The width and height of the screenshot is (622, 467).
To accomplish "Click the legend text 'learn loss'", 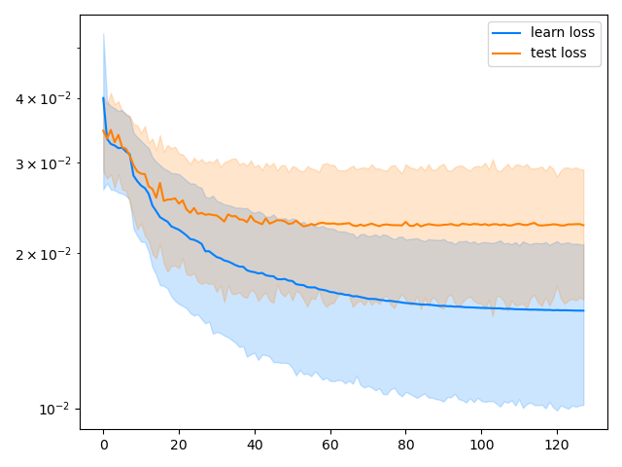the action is point(563,32).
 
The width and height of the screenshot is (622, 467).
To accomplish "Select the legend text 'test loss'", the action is point(558,53).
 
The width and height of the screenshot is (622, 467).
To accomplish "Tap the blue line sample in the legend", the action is point(506,33).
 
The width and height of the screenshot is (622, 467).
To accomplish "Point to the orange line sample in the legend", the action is point(506,54).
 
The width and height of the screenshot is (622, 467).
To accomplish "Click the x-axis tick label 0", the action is point(104,446).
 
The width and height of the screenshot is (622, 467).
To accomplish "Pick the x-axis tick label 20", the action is point(179,446).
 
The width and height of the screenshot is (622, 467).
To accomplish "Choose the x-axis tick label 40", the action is point(255,446).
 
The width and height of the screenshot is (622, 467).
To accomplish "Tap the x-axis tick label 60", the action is point(330,446).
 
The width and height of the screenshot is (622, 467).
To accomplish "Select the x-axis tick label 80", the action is point(406,446).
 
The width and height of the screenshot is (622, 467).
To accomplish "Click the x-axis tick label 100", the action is point(482,446).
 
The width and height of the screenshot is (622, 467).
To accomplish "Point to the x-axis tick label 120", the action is point(557,446).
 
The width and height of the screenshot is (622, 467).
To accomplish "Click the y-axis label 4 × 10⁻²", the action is point(43,98).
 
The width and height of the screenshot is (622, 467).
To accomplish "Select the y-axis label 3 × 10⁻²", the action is point(43,162).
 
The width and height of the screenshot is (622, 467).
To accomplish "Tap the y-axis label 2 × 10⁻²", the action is point(43,253).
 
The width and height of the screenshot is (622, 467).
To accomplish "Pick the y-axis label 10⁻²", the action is point(54,409).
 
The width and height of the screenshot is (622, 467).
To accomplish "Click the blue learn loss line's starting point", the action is point(104,97).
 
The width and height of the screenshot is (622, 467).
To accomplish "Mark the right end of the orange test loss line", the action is point(583,225).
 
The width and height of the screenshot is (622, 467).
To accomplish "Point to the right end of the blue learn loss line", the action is point(583,310).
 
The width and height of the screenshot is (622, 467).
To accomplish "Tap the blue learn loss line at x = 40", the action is point(255,272).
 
